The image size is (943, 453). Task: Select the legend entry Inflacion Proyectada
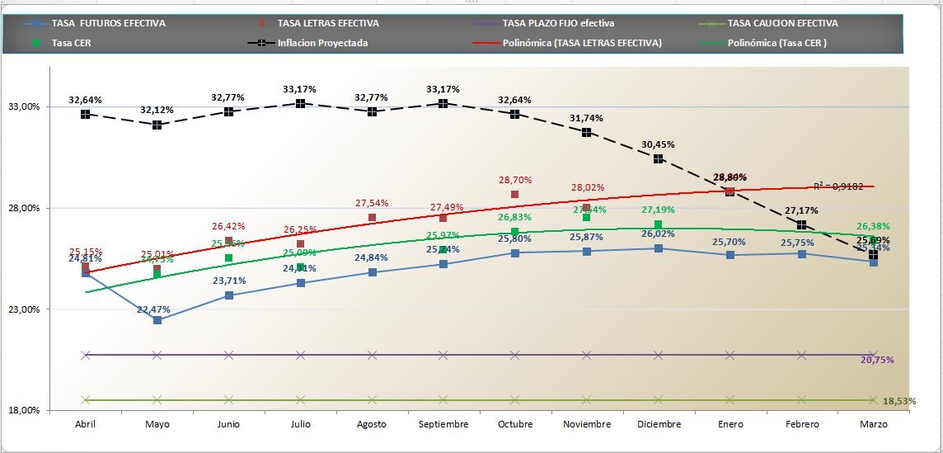pos(322,43)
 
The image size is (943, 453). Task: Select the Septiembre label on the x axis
pos(443,424)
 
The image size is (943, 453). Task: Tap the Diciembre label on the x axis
pos(659,424)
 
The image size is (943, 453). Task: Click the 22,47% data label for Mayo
pos(153,309)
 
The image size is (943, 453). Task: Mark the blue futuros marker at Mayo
pos(157,320)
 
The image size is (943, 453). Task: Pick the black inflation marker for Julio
pos(301,103)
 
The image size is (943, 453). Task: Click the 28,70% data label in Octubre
pos(515,180)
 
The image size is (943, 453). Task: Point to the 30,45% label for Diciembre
pos(658,144)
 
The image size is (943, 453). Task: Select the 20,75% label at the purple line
pos(876,361)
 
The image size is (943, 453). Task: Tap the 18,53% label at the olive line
pos(899,401)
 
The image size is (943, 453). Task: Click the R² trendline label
pos(837,186)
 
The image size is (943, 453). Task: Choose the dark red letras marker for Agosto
pos(372,218)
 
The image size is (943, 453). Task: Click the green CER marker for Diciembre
pos(658,224)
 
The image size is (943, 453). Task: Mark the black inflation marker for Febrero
pos(801,225)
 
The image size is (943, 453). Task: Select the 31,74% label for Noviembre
pos(586,118)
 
